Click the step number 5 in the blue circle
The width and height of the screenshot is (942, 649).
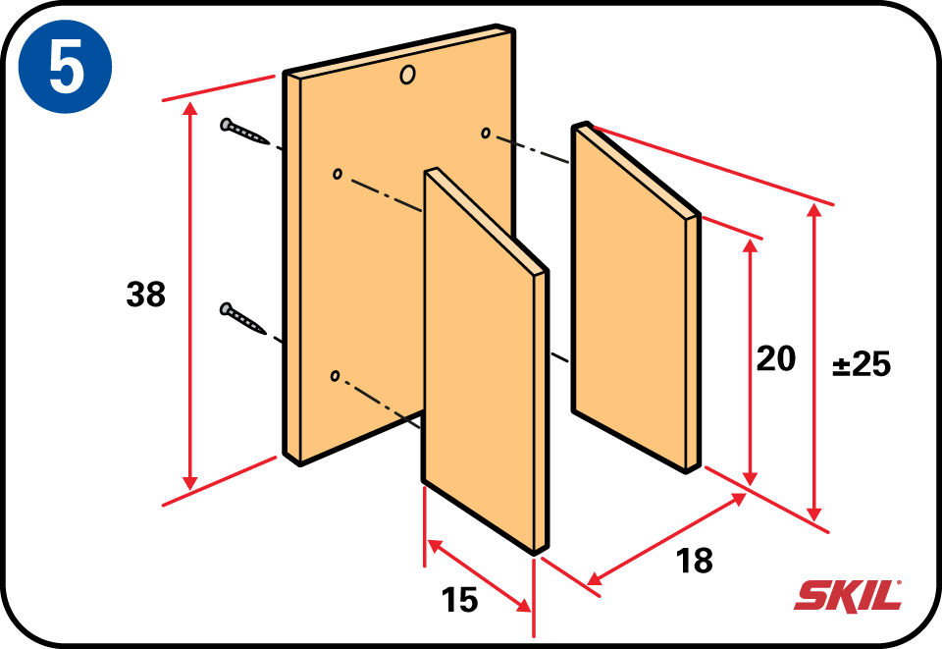[x=66, y=68]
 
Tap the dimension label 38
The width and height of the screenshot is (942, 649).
[x=145, y=295]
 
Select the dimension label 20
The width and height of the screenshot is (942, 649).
[x=775, y=358]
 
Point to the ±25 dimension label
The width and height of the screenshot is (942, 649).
[x=862, y=363]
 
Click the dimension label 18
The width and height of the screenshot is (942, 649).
[x=695, y=561]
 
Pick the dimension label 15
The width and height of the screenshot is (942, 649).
[x=459, y=600]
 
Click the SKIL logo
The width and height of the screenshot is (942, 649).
[x=848, y=596]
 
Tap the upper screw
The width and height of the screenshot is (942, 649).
[x=244, y=132]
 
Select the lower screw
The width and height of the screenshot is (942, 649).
[x=243, y=318]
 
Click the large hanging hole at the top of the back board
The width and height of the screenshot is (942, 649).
[x=407, y=76]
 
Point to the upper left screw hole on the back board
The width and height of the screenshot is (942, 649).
[x=337, y=174]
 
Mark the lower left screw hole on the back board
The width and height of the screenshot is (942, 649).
[x=336, y=376]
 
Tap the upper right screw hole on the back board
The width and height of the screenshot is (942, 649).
[x=486, y=133]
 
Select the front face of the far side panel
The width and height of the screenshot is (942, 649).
[x=630, y=300]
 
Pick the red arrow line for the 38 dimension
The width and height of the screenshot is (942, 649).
[x=190, y=297]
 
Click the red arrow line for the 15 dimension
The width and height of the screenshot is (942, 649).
[x=479, y=575]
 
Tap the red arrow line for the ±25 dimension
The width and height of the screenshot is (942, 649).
[x=814, y=363]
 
